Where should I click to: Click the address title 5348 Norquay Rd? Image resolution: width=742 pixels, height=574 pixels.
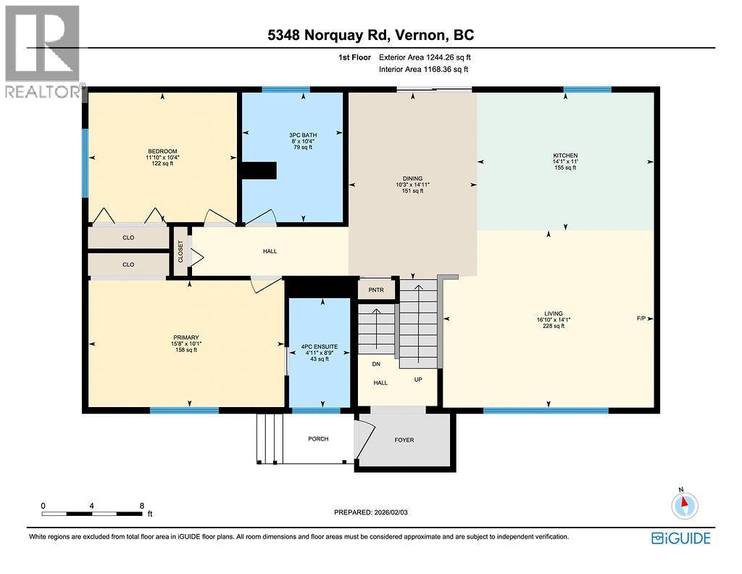(x=370, y=35)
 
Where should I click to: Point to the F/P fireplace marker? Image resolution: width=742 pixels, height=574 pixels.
(x=641, y=319)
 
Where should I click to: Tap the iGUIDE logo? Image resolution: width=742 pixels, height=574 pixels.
(x=680, y=538)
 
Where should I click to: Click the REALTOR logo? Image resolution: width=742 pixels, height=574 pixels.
(x=42, y=51)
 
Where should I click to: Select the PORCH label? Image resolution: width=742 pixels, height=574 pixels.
(x=318, y=439)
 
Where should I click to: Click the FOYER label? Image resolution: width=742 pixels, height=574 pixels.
(x=404, y=440)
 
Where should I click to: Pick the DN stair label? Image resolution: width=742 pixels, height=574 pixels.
(x=376, y=364)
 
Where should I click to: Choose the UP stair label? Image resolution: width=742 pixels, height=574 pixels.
(x=418, y=380)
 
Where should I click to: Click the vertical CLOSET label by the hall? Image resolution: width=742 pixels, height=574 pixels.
(x=180, y=251)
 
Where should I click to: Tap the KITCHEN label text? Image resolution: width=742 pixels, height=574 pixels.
(x=564, y=155)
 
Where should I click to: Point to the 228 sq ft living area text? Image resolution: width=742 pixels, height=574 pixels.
(x=554, y=327)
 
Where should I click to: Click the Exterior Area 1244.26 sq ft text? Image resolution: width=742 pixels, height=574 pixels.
(x=430, y=57)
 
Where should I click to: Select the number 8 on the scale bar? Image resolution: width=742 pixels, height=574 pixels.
(x=142, y=505)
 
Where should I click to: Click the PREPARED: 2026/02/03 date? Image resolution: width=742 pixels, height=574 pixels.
(x=376, y=512)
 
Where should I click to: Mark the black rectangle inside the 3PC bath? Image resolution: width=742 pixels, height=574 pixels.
(x=259, y=170)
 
